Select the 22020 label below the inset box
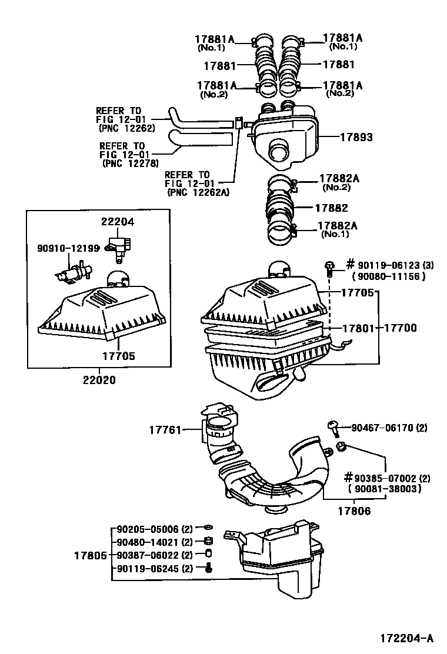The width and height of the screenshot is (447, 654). tap(96, 379)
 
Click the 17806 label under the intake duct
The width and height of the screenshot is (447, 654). tap(355, 511)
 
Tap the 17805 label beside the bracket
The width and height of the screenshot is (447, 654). tap(90, 555)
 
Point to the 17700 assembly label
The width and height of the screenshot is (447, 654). tap(401, 328)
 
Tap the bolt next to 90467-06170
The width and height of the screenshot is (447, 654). tap(333, 428)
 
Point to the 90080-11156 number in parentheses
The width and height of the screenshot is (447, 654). tap(388, 276)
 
